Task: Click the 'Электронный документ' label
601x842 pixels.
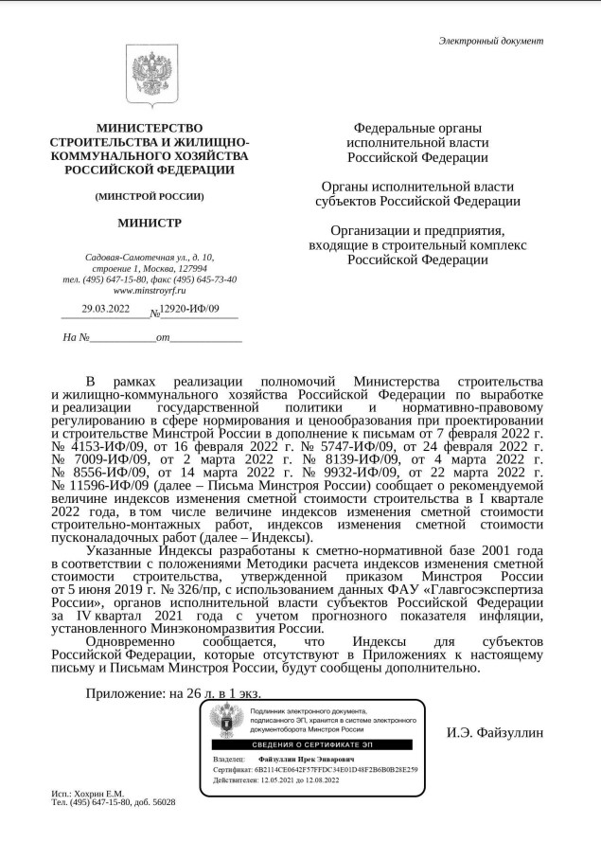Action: [x=490, y=40]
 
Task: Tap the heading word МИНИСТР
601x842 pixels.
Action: [x=150, y=224]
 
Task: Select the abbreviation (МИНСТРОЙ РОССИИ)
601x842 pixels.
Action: [x=150, y=196]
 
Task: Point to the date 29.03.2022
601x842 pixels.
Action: [x=106, y=309]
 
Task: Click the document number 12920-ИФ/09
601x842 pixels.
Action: [x=189, y=309]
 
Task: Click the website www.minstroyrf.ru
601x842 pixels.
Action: [x=150, y=291]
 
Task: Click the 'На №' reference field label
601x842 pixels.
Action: [x=76, y=336]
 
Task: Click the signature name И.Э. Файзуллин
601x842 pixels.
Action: [x=495, y=732]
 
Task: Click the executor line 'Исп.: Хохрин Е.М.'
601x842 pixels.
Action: [x=87, y=793]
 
